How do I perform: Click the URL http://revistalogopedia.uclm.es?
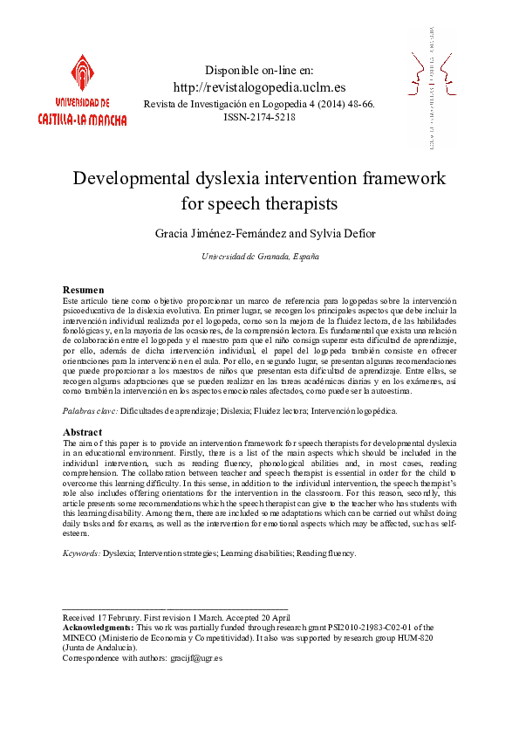[259, 87]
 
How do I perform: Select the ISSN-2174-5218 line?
[259, 117]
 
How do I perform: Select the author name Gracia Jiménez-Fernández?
[218, 235]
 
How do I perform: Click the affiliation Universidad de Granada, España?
[259, 257]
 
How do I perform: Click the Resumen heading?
[84, 290]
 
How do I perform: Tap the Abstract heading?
[82, 432]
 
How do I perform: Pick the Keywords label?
[81, 553]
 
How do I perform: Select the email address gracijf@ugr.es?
[199, 658]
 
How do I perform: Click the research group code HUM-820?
[414, 637]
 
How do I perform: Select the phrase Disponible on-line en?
[259, 70]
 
